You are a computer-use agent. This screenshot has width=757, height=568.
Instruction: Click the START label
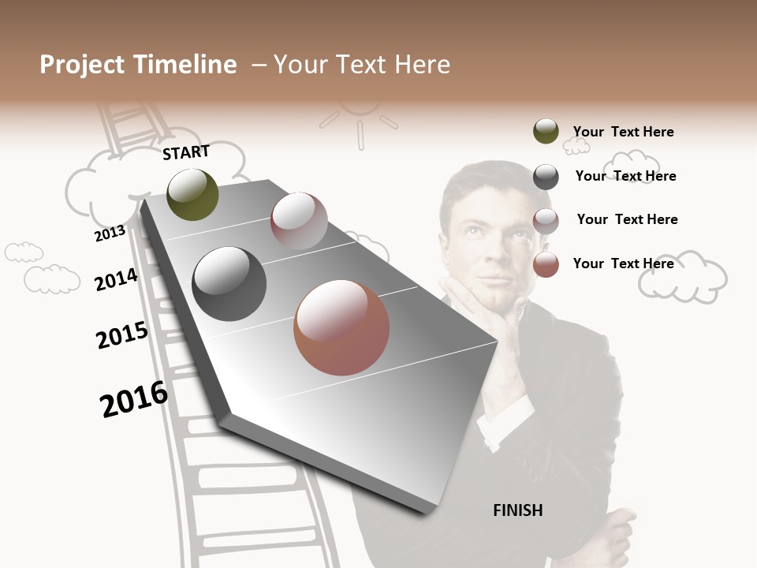click(x=186, y=152)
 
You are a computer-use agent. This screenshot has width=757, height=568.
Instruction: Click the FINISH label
click(x=517, y=510)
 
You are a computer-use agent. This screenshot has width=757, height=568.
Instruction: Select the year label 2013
click(x=110, y=233)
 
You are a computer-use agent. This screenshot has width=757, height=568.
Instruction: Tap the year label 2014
click(x=116, y=279)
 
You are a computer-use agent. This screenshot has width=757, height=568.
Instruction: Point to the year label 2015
click(x=122, y=335)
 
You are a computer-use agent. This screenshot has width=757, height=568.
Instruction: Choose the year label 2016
click(x=134, y=399)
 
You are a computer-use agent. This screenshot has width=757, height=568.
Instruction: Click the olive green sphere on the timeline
click(x=192, y=194)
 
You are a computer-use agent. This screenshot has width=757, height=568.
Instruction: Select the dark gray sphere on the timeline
click(x=229, y=284)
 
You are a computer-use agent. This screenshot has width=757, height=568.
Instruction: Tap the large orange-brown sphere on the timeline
click(x=341, y=327)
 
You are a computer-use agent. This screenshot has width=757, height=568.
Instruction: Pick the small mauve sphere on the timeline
click(x=299, y=221)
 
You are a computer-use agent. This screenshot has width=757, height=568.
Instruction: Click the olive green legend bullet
click(x=546, y=131)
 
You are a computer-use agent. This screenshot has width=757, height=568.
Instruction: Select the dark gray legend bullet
click(x=546, y=177)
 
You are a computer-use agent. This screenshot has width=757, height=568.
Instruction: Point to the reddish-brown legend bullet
click(x=546, y=264)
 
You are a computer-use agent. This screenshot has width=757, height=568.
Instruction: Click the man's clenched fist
click(x=614, y=529)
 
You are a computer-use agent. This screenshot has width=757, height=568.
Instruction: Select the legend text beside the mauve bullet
click(x=627, y=219)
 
